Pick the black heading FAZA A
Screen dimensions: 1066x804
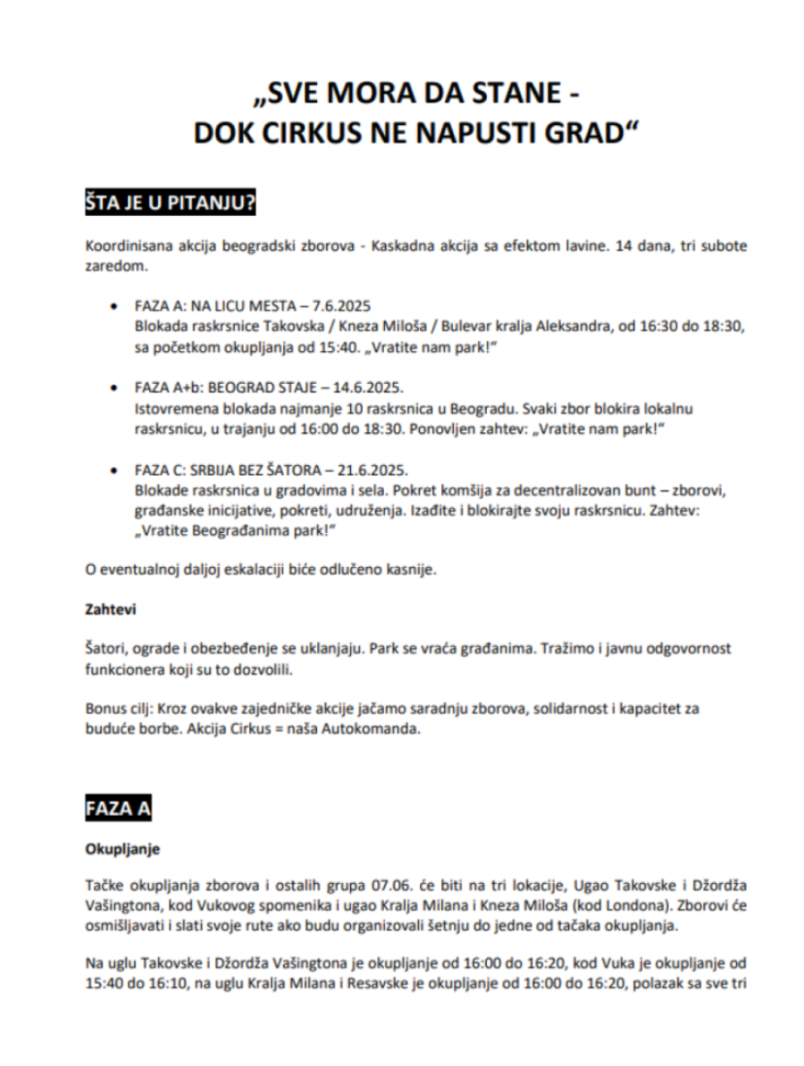tap(119, 808)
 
